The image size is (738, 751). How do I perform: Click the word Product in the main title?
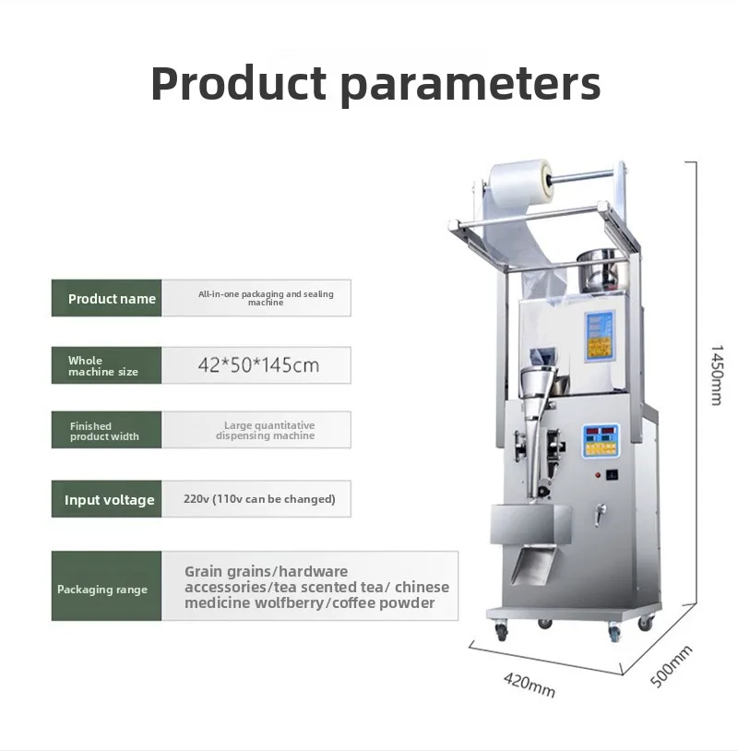click(239, 83)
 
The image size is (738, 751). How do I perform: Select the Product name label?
click(112, 299)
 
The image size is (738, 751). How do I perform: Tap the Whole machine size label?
click(103, 366)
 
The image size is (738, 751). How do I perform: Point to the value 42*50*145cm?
click(258, 365)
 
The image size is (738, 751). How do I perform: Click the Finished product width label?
click(104, 431)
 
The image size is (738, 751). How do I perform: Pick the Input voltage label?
click(110, 500)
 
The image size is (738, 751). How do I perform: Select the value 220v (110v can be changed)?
click(259, 499)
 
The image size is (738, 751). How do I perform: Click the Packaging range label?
click(102, 590)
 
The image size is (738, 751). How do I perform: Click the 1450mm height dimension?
click(717, 375)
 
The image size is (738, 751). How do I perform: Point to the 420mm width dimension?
click(530, 685)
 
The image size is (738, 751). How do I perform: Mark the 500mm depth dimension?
click(671, 666)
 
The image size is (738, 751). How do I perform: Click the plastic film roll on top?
click(519, 185)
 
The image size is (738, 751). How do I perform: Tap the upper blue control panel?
click(599, 336)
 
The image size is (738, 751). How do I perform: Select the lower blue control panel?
click(601, 441)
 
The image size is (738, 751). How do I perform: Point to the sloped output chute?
click(533, 565)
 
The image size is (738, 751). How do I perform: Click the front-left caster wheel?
click(501, 631)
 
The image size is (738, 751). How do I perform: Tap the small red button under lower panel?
click(598, 475)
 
